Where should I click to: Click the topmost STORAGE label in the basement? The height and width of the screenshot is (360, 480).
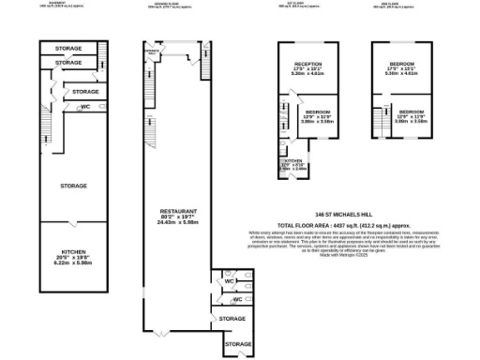(67, 47)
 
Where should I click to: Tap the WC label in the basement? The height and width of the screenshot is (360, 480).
(85, 108)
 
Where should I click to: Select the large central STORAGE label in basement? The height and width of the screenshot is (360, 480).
(73, 186)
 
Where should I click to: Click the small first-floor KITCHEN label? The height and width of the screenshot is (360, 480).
(293, 161)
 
